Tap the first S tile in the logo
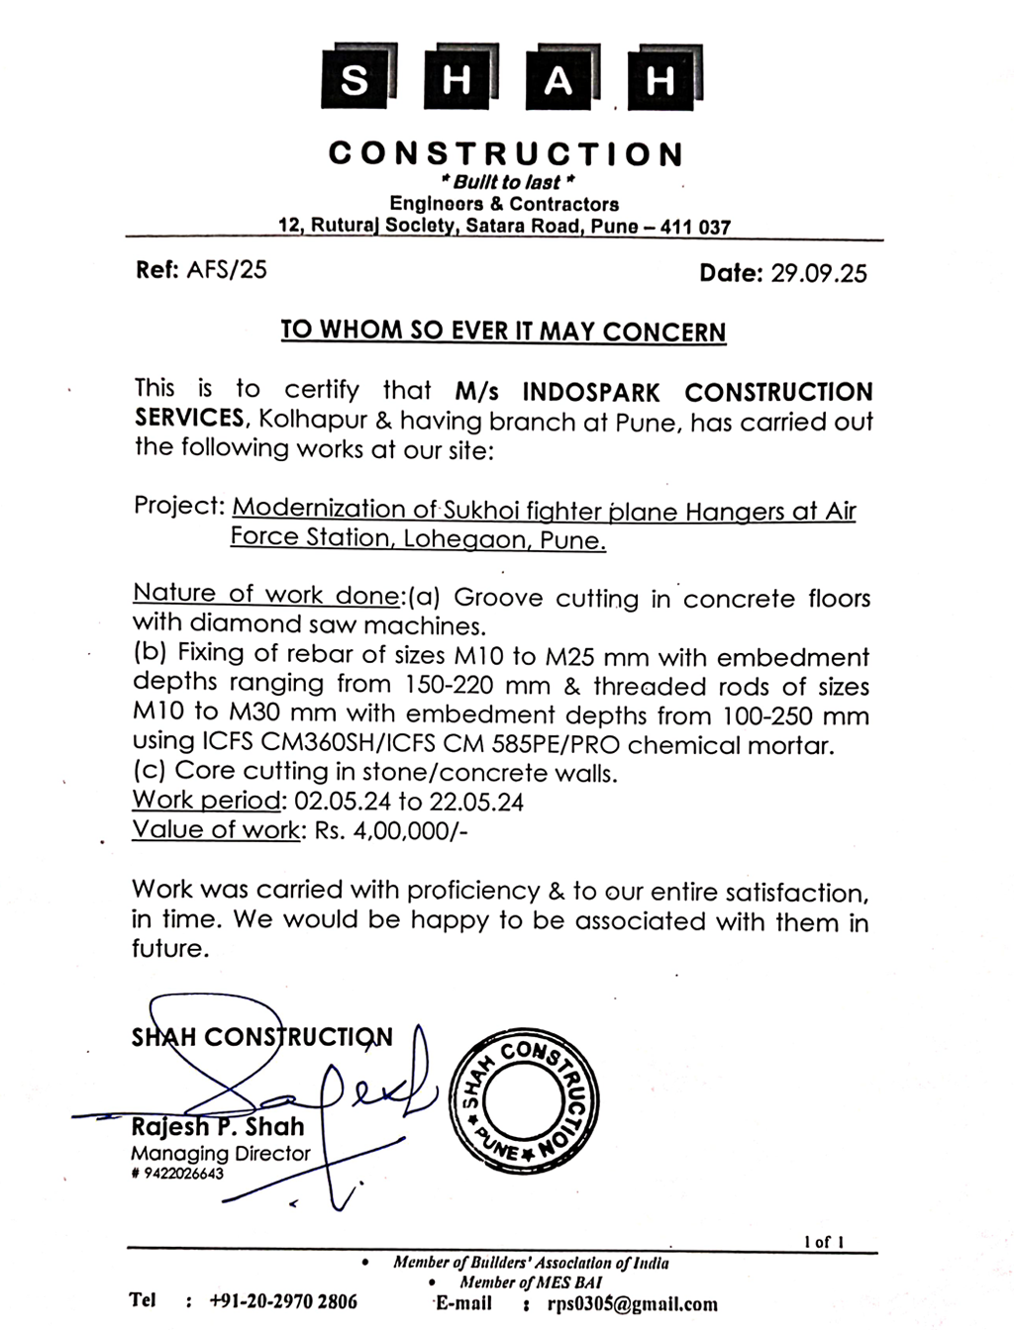pos(355,79)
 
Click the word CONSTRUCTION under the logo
pos(506,154)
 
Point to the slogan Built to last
pos(507,183)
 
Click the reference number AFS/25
pos(227,270)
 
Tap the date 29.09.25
pos(819,273)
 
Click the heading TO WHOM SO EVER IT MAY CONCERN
pos(503,331)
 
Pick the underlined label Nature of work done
pos(266,594)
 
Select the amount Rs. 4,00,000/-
pos(390,830)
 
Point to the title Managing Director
pos(220,1153)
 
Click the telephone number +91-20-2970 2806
pos(283,1301)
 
